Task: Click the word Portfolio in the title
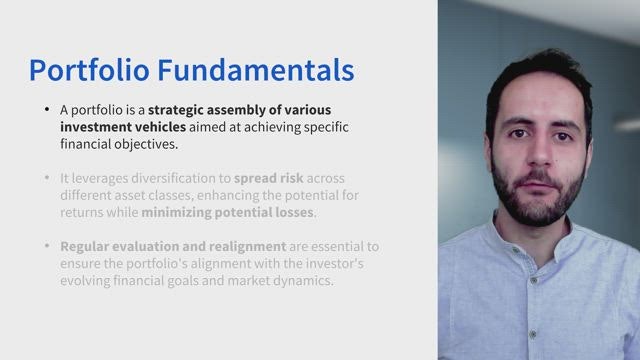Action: (89, 70)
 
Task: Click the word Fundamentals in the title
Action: (256, 70)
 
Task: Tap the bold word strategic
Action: (176, 110)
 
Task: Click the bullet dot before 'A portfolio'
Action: (47, 109)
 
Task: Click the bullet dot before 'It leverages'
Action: (47, 178)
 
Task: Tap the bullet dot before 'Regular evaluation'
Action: (47, 246)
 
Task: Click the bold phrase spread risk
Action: (269, 179)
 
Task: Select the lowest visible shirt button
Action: (532, 335)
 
